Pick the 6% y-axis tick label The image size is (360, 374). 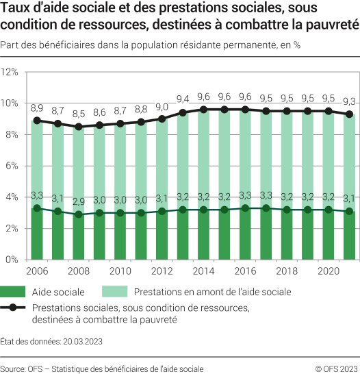pyautogui.click(x=12, y=166)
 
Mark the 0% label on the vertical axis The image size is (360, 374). pyautogui.click(x=12, y=260)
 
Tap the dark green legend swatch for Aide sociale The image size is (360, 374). pyautogui.click(x=24, y=292)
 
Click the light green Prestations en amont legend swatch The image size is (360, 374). pyautogui.click(x=119, y=292)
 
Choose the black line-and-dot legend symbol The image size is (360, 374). pyautogui.click(x=24, y=308)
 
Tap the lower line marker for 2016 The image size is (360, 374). pyautogui.click(x=245, y=208)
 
